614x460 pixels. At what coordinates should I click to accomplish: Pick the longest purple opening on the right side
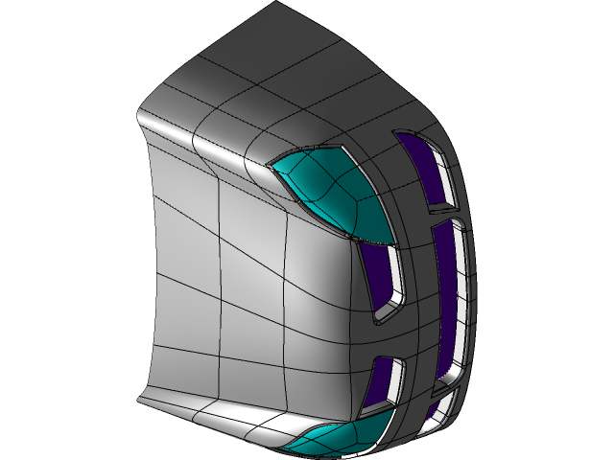446,297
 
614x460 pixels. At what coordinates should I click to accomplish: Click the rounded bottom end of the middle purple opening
385,311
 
